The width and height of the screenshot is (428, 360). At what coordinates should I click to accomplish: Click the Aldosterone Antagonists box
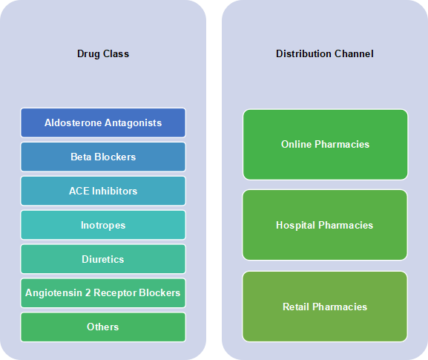coord(103,122)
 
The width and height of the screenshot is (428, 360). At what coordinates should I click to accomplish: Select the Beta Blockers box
coord(103,157)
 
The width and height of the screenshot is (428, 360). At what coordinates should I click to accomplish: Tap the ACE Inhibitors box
coord(103,191)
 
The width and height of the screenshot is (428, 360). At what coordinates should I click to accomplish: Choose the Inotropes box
coord(103,225)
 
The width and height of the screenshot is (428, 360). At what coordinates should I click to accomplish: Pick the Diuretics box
coord(103,259)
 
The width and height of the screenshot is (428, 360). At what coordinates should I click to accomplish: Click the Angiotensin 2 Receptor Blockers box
coord(103,292)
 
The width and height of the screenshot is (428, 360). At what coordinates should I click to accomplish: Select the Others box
coord(103,327)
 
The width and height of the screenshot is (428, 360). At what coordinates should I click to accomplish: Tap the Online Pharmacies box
coord(326,145)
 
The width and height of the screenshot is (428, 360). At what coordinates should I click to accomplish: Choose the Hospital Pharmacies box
coord(325,225)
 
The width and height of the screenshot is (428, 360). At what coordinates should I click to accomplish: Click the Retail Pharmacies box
coord(325,307)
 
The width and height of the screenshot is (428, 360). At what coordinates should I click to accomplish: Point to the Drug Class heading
coord(103,53)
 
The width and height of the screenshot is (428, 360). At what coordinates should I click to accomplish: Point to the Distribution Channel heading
coord(325,53)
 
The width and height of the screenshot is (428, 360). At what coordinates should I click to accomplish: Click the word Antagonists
coord(134,123)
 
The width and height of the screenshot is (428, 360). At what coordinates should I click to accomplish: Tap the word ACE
coord(79,191)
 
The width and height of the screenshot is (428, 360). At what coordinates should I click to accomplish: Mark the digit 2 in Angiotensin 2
coord(88,292)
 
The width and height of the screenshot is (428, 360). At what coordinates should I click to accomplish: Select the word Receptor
coord(115,293)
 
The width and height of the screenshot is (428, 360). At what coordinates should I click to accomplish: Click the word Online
coord(297,144)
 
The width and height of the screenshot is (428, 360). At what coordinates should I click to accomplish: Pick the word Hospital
coord(296,226)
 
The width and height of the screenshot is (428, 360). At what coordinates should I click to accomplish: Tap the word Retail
coord(296,307)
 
